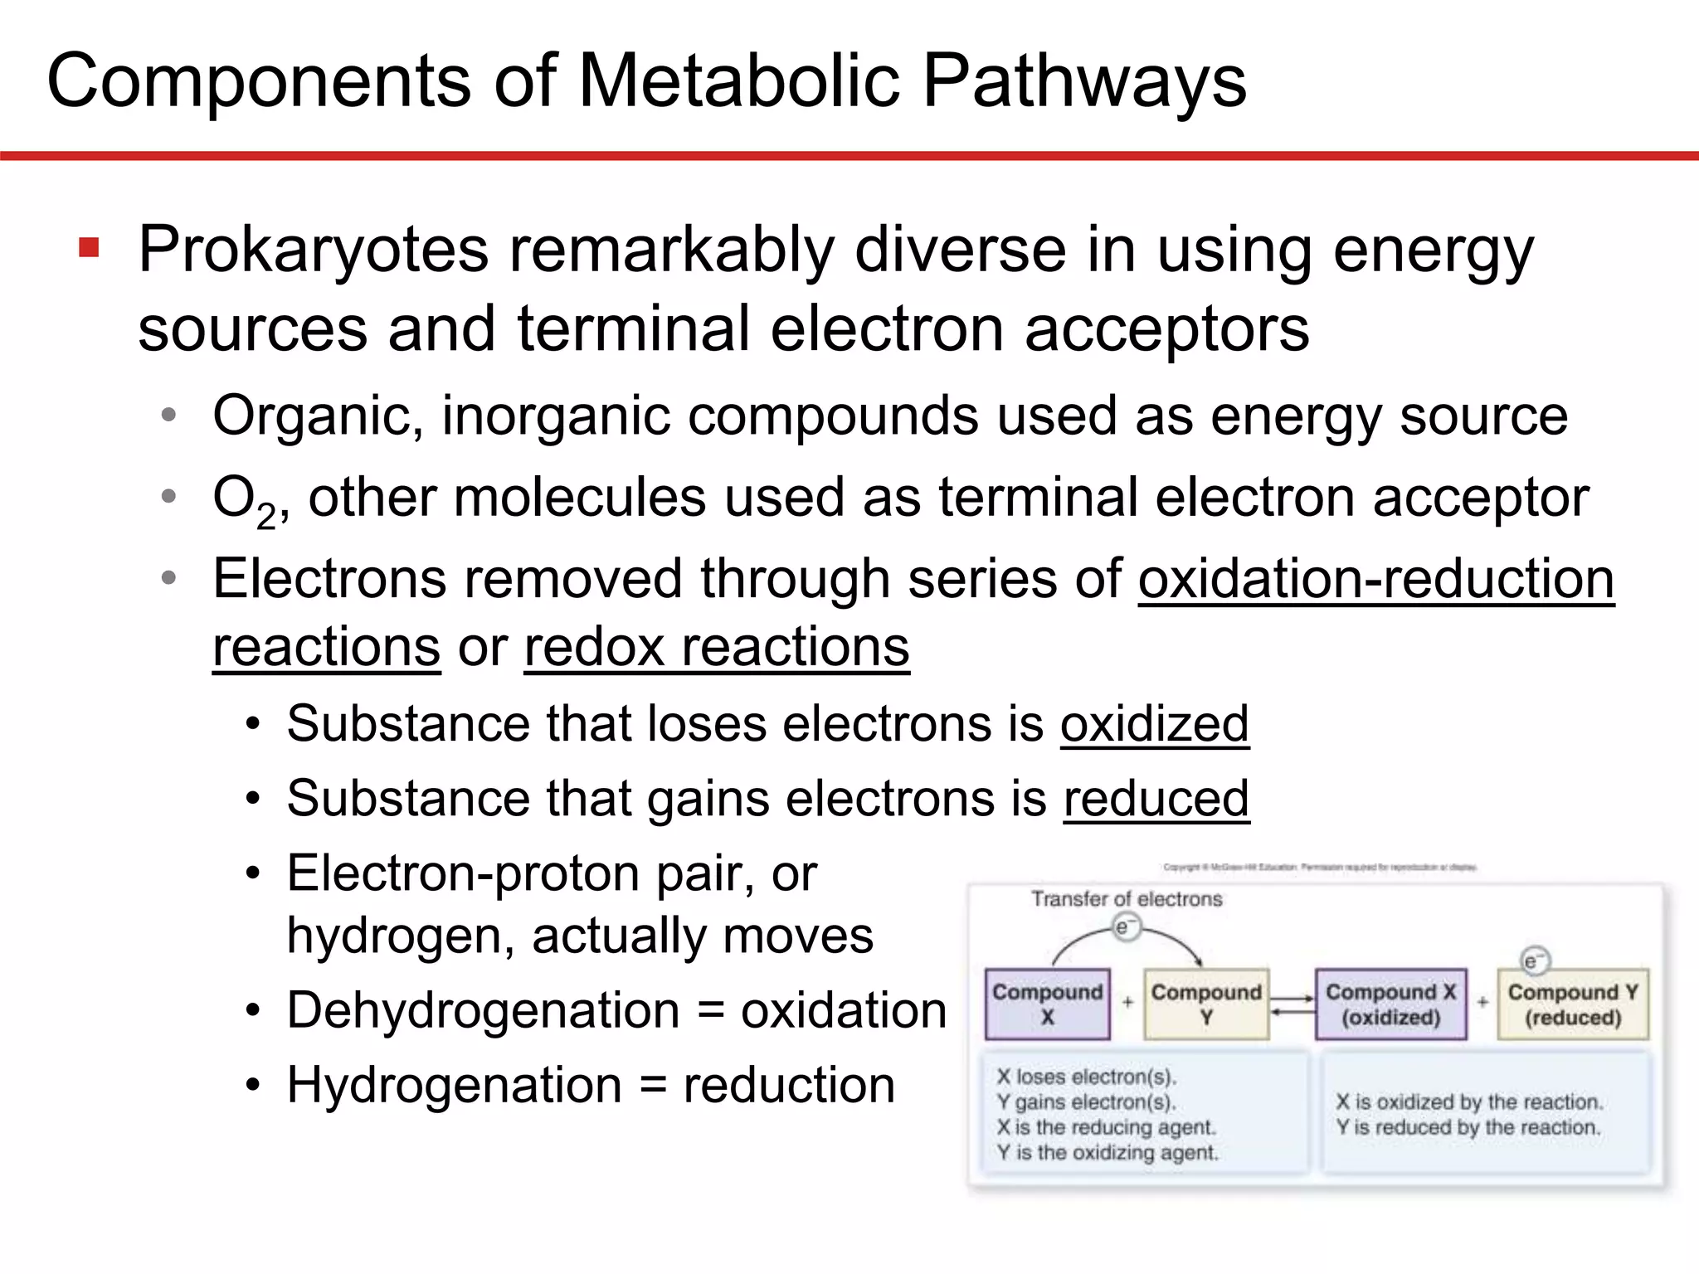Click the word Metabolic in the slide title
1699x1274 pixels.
coord(738,81)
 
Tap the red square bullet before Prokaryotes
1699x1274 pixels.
coord(89,248)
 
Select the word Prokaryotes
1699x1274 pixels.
coord(313,250)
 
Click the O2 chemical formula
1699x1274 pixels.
coord(243,501)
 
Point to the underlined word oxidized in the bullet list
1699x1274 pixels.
coord(1154,724)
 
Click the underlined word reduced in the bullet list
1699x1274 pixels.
coord(1156,799)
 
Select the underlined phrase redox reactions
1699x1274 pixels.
coord(717,648)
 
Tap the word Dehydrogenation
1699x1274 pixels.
coord(483,1011)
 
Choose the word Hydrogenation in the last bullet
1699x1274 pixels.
coord(454,1086)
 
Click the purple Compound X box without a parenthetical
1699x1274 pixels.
coord(1047,1004)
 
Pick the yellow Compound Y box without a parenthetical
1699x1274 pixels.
coord(1205,1004)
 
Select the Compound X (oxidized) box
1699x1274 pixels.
coord(1390,1004)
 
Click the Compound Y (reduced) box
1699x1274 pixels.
coord(1572,1004)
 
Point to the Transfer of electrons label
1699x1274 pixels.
coord(1126,899)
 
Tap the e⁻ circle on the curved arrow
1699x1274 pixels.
coord(1124,927)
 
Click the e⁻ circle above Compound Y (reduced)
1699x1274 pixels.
coord(1533,960)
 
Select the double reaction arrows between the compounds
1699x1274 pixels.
coord(1292,1004)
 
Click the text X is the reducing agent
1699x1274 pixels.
coord(1106,1127)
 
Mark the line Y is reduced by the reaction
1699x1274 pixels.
coord(1468,1127)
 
